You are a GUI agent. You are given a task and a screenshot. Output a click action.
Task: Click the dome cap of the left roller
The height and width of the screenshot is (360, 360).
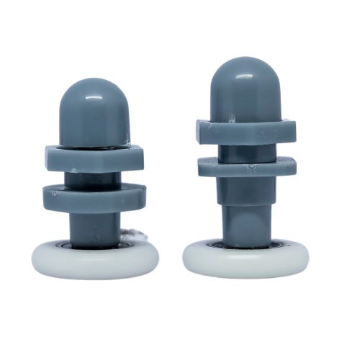(94, 112)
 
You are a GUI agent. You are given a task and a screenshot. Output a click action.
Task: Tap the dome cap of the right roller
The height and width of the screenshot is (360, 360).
(245, 90)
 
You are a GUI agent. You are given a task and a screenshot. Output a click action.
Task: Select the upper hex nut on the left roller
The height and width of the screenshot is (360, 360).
(94, 157)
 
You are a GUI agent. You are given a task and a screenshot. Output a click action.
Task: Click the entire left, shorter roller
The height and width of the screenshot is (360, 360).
(94, 180)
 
